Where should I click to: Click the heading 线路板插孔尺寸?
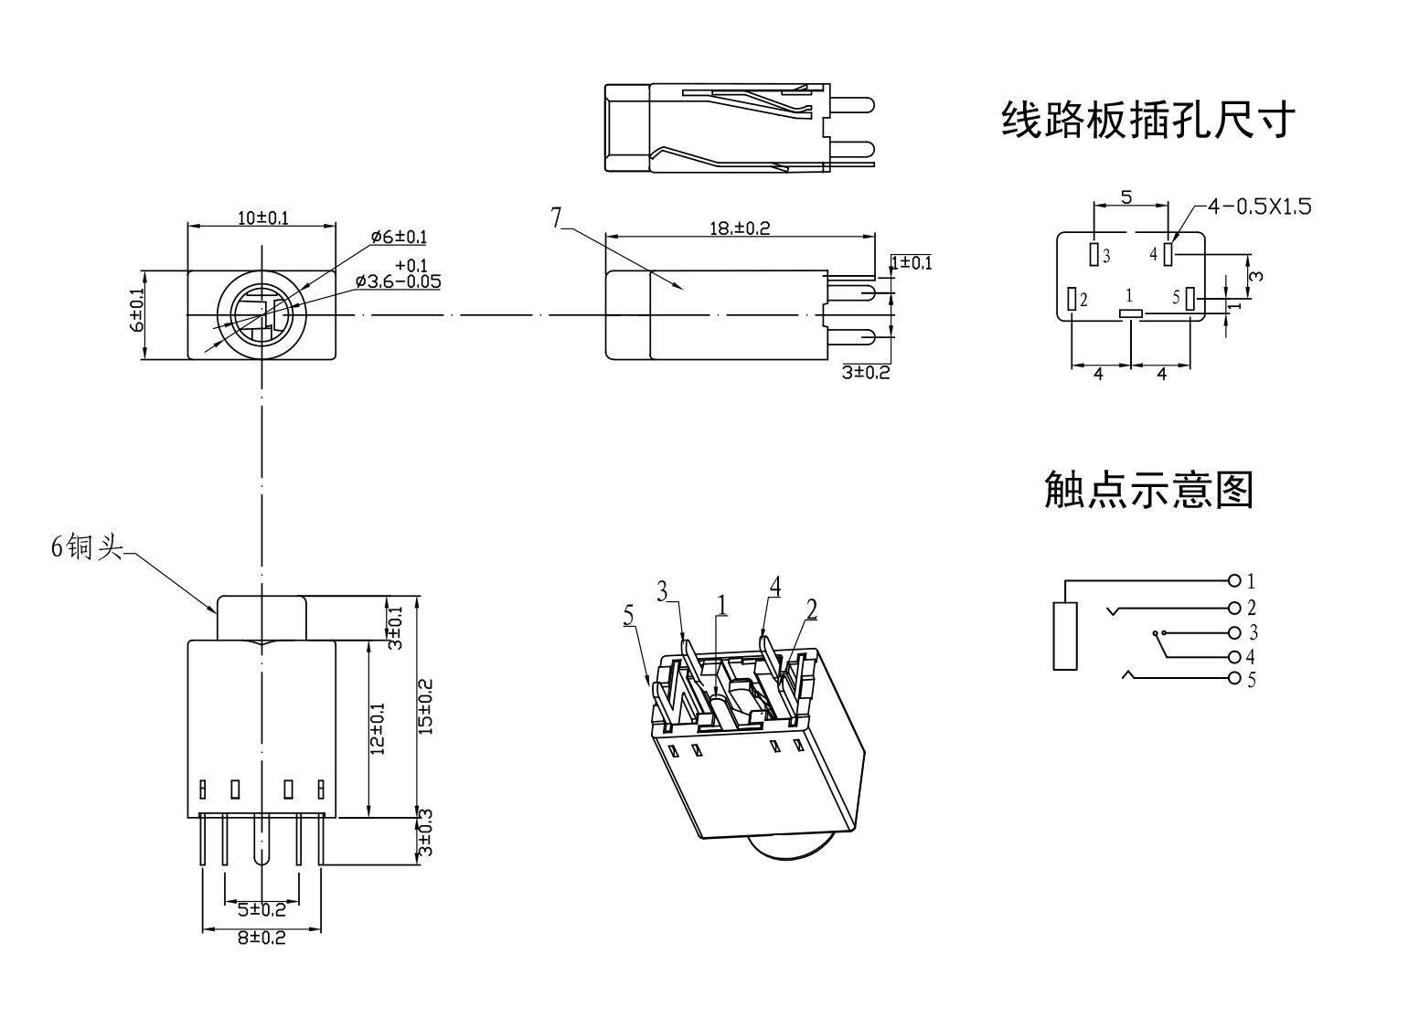(x=1147, y=120)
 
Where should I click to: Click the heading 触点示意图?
(x=1148, y=490)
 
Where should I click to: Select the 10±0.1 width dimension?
(x=262, y=217)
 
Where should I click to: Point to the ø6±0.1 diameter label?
(x=399, y=237)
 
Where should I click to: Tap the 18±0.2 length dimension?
(x=740, y=228)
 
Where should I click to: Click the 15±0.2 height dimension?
(x=424, y=705)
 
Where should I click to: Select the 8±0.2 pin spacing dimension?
(x=261, y=937)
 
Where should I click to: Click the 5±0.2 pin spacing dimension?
(x=261, y=910)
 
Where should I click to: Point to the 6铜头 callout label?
(x=86, y=547)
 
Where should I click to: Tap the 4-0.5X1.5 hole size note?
(x=1259, y=207)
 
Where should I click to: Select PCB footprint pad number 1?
(x=1131, y=314)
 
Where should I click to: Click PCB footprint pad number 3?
(x=1094, y=253)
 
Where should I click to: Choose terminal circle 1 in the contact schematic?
(x=1234, y=580)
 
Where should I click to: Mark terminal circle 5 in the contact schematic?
(x=1234, y=678)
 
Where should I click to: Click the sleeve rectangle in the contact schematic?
(x=1065, y=636)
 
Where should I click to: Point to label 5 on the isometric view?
(x=628, y=615)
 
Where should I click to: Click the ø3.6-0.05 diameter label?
(x=398, y=281)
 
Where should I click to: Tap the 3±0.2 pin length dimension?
(x=865, y=372)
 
